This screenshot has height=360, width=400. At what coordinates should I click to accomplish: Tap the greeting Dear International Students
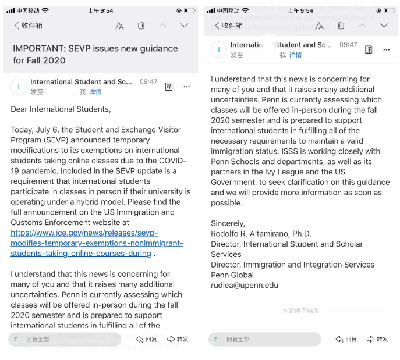coord(60,109)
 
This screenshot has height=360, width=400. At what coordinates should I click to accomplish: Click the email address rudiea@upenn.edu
coord(244,286)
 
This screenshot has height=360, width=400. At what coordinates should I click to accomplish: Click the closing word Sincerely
coord(228,223)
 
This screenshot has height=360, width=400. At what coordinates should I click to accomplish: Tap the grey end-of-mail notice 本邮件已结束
coord(300,311)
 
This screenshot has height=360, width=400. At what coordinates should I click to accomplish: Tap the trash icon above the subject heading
coord(141,26)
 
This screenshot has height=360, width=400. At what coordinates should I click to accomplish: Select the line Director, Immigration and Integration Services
coord(292,265)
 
